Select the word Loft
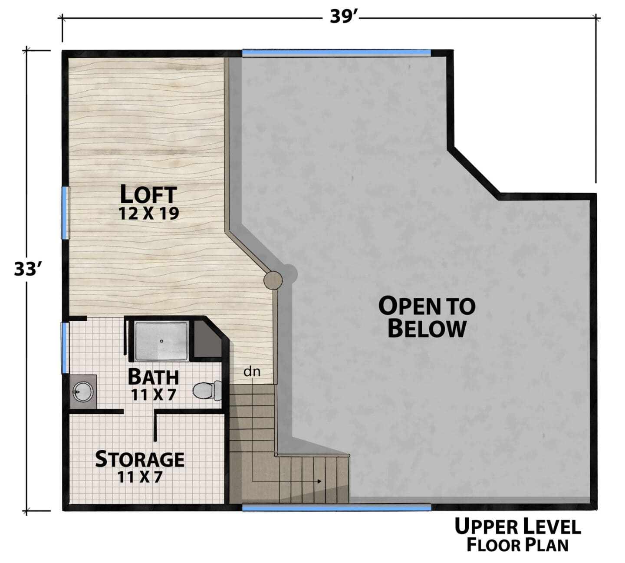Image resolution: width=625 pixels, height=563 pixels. point(148,194)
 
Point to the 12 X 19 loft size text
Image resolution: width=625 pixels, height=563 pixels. point(148,214)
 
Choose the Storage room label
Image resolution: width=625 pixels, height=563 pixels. point(140,459)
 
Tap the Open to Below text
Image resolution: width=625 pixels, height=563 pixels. point(427,317)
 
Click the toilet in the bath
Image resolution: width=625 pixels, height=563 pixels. point(207,391)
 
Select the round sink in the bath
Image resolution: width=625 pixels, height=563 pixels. point(82,392)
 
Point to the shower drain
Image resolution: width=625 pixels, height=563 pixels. point(161,341)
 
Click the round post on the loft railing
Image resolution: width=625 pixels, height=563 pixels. point(273,280)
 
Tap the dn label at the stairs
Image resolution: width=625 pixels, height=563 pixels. point(252,371)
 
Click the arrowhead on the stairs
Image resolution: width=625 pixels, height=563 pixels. point(319,481)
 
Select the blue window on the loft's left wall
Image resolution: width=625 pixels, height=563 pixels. point(65,213)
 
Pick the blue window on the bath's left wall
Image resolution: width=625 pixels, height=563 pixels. point(65,348)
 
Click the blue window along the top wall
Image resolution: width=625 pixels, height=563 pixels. point(336,53)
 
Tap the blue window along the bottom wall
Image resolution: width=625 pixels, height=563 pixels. point(337,508)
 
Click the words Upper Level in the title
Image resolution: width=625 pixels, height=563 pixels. point(518,527)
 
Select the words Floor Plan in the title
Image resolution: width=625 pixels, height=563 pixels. point(517,545)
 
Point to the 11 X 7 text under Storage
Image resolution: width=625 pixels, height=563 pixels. point(140,477)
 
